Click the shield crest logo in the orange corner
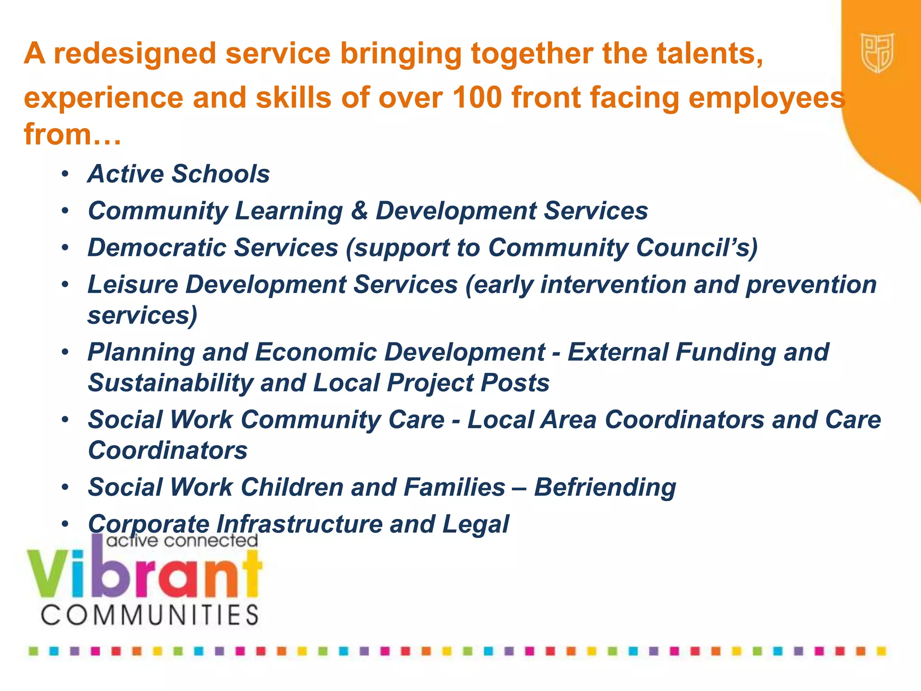click(x=877, y=53)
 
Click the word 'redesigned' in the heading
click(x=135, y=54)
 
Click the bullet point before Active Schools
click(x=66, y=174)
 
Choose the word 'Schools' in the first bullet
click(x=220, y=174)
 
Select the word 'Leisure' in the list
click(x=133, y=284)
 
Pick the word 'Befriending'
click(x=605, y=487)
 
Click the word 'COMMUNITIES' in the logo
click(x=150, y=615)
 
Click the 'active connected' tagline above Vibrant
click(x=182, y=540)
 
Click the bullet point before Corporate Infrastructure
click(x=66, y=524)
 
